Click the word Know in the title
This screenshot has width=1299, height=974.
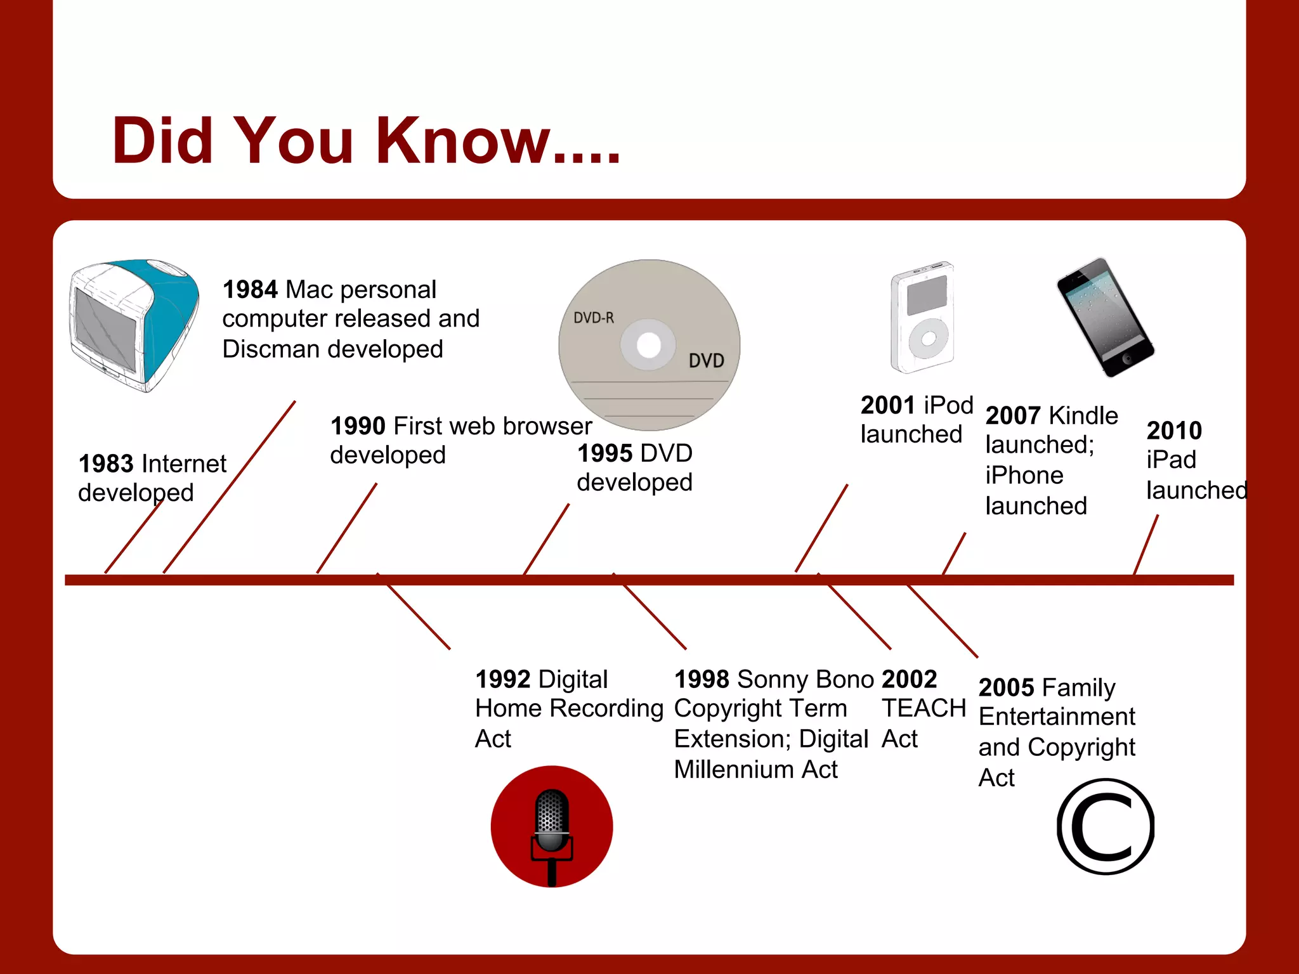pyautogui.click(x=463, y=141)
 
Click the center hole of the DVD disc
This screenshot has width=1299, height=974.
pyautogui.click(x=649, y=346)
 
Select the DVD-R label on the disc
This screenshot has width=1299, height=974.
pyautogui.click(x=594, y=318)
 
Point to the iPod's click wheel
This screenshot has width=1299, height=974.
pyautogui.click(x=928, y=339)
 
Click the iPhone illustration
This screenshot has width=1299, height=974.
pyautogui.click(x=1105, y=317)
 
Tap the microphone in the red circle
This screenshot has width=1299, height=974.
pyautogui.click(x=551, y=824)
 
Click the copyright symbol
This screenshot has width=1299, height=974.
pyautogui.click(x=1106, y=826)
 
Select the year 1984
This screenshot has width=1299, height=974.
pyautogui.click(x=250, y=290)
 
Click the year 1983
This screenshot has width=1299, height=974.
pyautogui.click(x=105, y=464)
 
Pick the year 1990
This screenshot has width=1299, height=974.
pyautogui.click(x=358, y=426)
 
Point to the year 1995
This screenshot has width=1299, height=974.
pyautogui.click(x=604, y=453)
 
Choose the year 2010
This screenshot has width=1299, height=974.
pyautogui.click(x=1174, y=431)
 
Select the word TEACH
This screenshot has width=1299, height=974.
pyautogui.click(x=924, y=708)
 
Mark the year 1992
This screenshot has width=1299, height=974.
pyautogui.click(x=503, y=680)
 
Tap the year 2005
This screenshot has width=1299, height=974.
pyautogui.click(x=1006, y=688)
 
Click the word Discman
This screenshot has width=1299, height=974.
pyautogui.click(x=273, y=349)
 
